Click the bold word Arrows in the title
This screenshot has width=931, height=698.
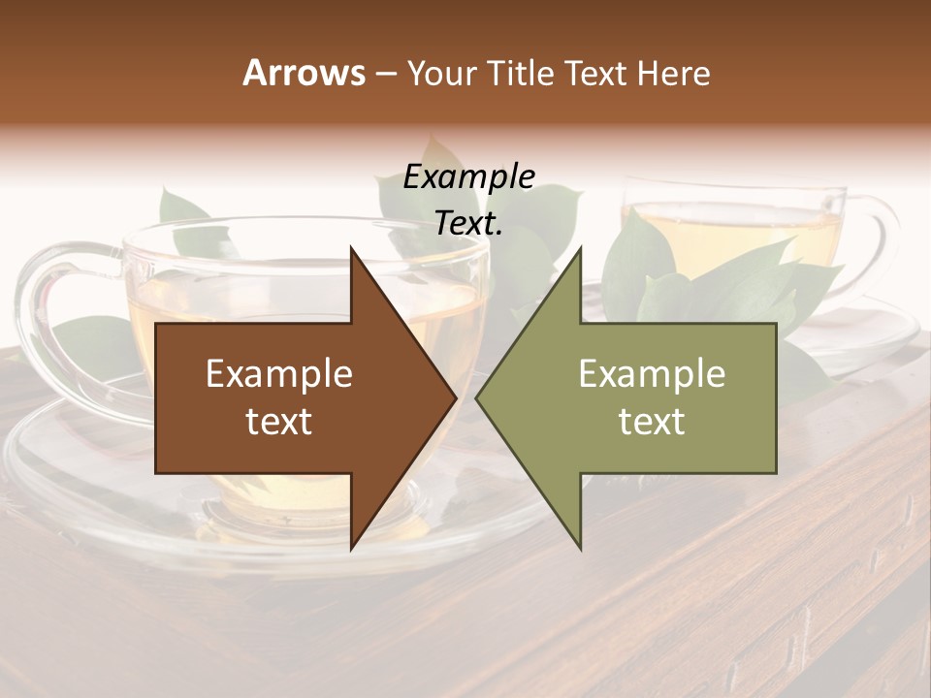pos(304,73)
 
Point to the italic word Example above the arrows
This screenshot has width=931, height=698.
pos(468,177)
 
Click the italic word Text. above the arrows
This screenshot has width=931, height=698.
pos(468,224)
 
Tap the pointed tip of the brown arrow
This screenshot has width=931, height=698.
pos(451,397)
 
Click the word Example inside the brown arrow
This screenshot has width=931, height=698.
pos(279,374)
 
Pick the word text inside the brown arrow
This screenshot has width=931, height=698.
pos(279,422)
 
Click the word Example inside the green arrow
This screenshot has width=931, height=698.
pos(652,374)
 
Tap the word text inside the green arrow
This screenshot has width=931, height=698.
pos(652,422)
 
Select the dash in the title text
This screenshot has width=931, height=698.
pos(385,75)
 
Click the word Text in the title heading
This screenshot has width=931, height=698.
pos(597,73)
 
